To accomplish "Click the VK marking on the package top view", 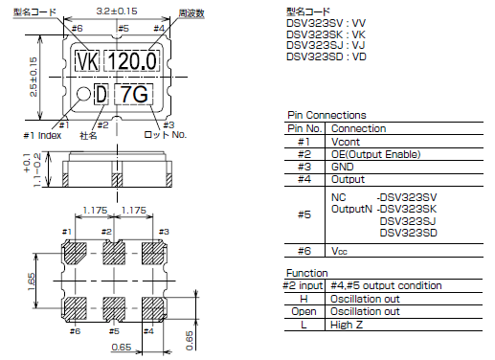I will pyautogui.click(x=87, y=62).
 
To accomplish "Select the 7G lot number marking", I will pyautogui.click(x=132, y=95).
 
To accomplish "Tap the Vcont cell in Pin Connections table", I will pyautogui.click(x=345, y=140).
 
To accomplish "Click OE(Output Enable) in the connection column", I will pyautogui.click(x=376, y=152).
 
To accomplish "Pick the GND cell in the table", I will pyautogui.click(x=342, y=165).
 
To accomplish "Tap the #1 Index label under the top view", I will pyautogui.click(x=64, y=135).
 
